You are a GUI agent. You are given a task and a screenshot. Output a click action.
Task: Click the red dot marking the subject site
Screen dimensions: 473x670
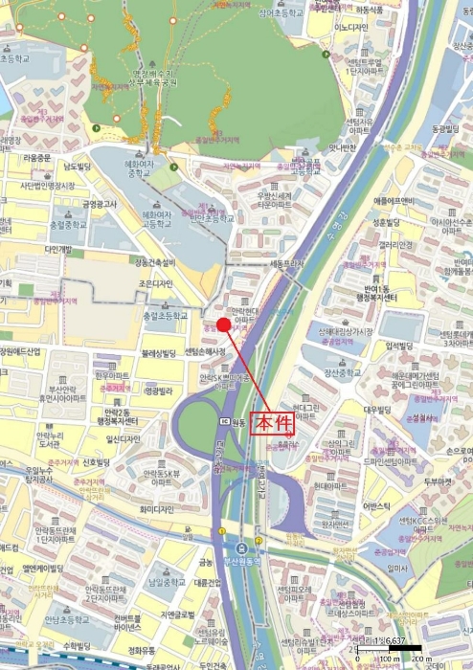click(x=223, y=324)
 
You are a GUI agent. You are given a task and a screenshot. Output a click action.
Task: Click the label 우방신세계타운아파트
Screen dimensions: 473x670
click(x=279, y=200)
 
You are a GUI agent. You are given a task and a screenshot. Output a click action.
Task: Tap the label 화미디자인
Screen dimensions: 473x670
click(x=154, y=482)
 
